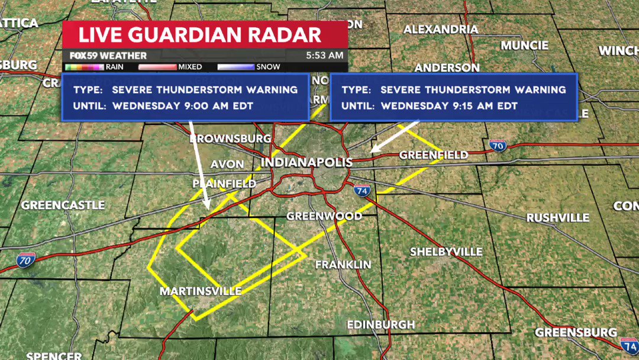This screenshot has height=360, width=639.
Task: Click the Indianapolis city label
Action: tap(306, 162)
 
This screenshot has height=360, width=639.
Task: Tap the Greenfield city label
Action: tap(434, 155)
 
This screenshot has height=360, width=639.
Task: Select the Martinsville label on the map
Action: tap(201, 291)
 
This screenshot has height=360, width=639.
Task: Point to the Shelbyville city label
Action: tap(446, 252)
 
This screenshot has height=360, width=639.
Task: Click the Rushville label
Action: tap(558, 217)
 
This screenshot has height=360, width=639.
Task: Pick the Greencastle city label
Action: tap(63, 205)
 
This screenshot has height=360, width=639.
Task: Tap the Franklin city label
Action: tap(343, 265)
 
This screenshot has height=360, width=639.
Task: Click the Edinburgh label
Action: tap(380, 324)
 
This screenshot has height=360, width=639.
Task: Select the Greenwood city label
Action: tap(324, 216)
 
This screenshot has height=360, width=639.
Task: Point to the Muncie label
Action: tap(524, 46)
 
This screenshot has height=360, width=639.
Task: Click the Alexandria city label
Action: tap(441, 29)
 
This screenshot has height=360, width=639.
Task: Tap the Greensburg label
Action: tap(576, 332)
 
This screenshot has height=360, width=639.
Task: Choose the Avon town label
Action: tap(227, 164)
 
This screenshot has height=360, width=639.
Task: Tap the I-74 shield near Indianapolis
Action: tap(362, 191)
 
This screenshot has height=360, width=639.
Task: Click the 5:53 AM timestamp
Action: tap(324, 56)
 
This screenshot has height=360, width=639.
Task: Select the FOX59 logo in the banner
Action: tap(83, 56)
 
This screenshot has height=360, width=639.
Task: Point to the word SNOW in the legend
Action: tap(269, 67)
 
